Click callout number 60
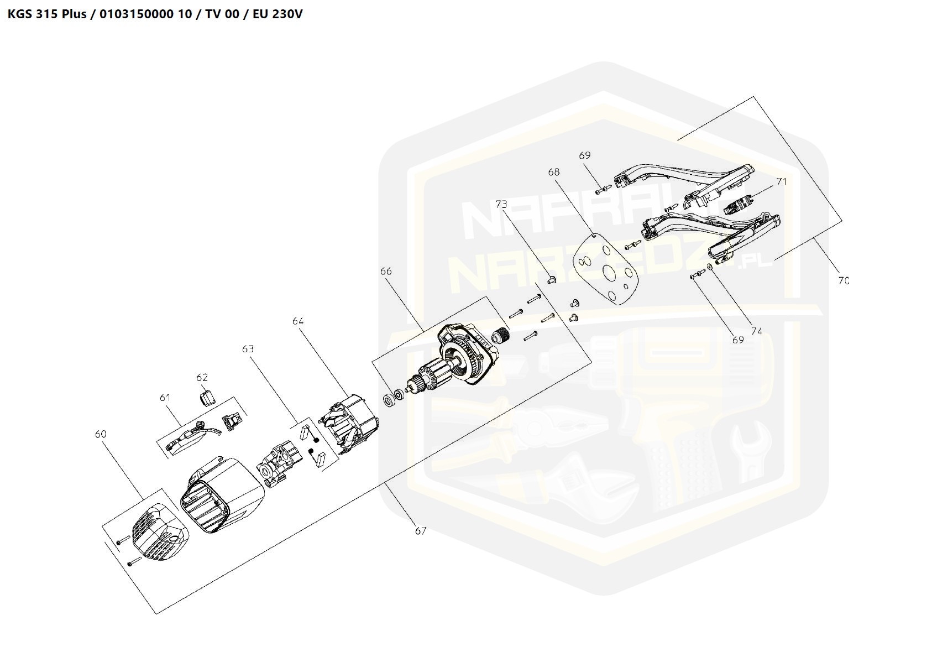pyautogui.click(x=101, y=434)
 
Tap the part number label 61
pyautogui.click(x=165, y=398)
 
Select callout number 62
pyautogui.click(x=202, y=377)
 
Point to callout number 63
pyautogui.click(x=248, y=349)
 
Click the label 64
pyautogui.click(x=298, y=321)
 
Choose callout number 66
pyautogui.click(x=386, y=271)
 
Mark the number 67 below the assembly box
pyautogui.click(x=421, y=531)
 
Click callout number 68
pyautogui.click(x=554, y=173)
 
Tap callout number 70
pyautogui.click(x=843, y=281)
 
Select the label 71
pyautogui.click(x=781, y=181)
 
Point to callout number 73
pyautogui.click(x=501, y=204)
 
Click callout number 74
pyautogui.click(x=756, y=331)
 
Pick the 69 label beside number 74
pyautogui.click(x=738, y=340)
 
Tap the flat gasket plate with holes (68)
pyautogui.click(x=607, y=269)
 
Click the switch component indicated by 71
pyautogui.click(x=736, y=207)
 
